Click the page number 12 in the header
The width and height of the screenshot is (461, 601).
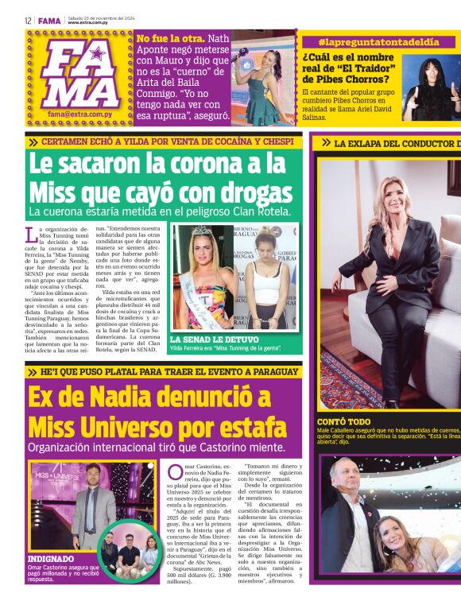pos(28,21)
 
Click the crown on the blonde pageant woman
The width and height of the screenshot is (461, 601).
pos(201,231)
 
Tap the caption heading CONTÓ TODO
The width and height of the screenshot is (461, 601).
pos(343,422)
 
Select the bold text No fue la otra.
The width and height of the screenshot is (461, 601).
pos(171,38)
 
